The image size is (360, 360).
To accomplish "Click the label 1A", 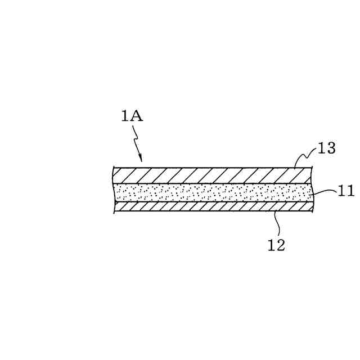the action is click(132, 116).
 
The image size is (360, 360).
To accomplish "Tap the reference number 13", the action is click(326, 148).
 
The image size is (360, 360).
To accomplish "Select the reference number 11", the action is click(346, 191).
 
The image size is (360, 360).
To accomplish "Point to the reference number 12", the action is click(276, 245).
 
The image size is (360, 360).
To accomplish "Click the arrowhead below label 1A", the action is click(140, 159).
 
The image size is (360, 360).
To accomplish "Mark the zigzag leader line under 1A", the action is click(136, 141).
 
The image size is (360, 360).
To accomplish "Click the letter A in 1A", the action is click(137, 116).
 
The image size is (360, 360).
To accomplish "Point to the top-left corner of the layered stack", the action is click(113, 168).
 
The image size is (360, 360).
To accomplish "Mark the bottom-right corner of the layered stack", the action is click(313, 211).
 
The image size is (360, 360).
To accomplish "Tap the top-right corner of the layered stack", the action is click(312, 168).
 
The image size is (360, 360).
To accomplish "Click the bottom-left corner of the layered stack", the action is click(114, 211).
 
